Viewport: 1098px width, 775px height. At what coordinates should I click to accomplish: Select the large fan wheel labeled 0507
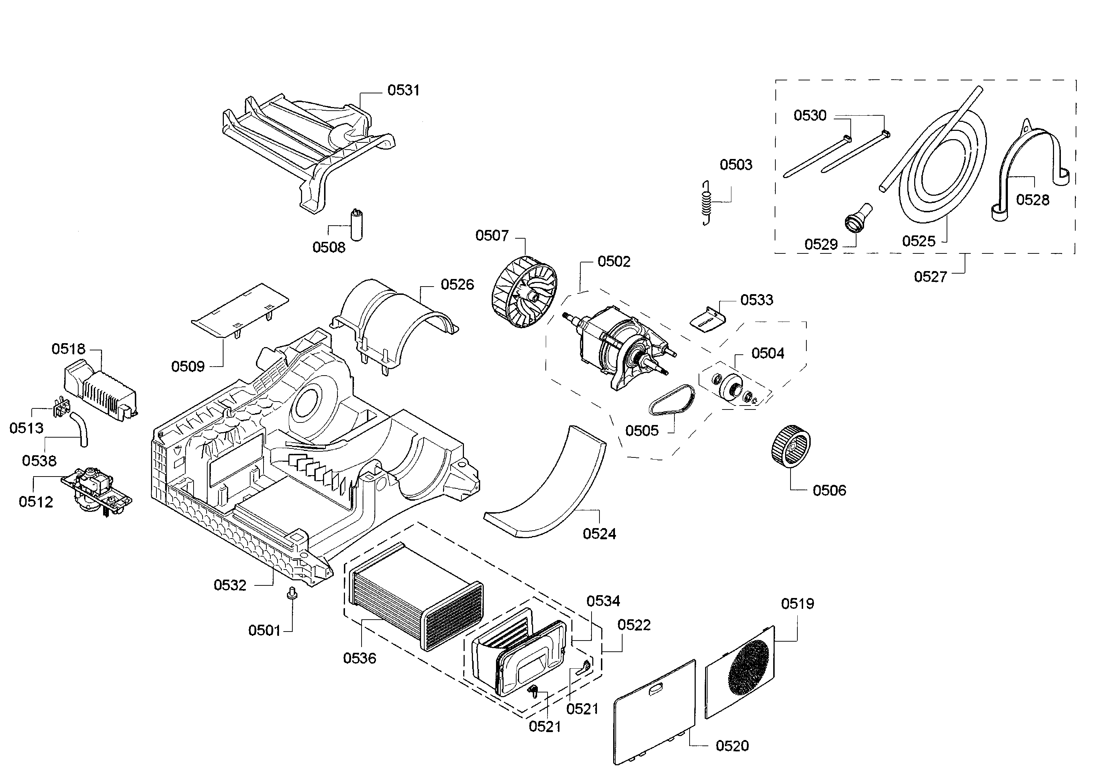[524, 292]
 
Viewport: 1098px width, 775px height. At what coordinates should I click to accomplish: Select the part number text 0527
[930, 277]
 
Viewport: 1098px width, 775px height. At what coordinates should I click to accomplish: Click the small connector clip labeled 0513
[61, 407]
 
